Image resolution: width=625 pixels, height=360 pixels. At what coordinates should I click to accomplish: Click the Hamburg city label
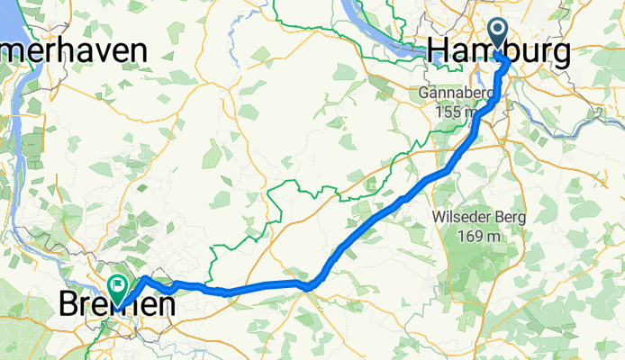pos(500,52)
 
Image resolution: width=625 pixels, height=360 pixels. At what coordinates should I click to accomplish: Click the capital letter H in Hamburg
pos(443,52)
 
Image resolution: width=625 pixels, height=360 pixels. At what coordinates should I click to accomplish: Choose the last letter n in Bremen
pos(162,307)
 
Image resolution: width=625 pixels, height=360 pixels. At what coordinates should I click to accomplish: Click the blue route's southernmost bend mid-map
pos(309,286)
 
